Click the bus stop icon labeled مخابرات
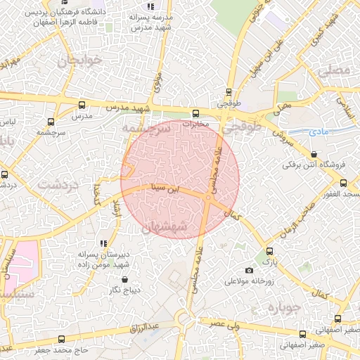[195, 112]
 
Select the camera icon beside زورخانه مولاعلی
[249, 271]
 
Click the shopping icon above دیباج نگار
[124, 279]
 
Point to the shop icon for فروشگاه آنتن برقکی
[314, 154]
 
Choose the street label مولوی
[157, 81]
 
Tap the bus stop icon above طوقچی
[229, 91]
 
